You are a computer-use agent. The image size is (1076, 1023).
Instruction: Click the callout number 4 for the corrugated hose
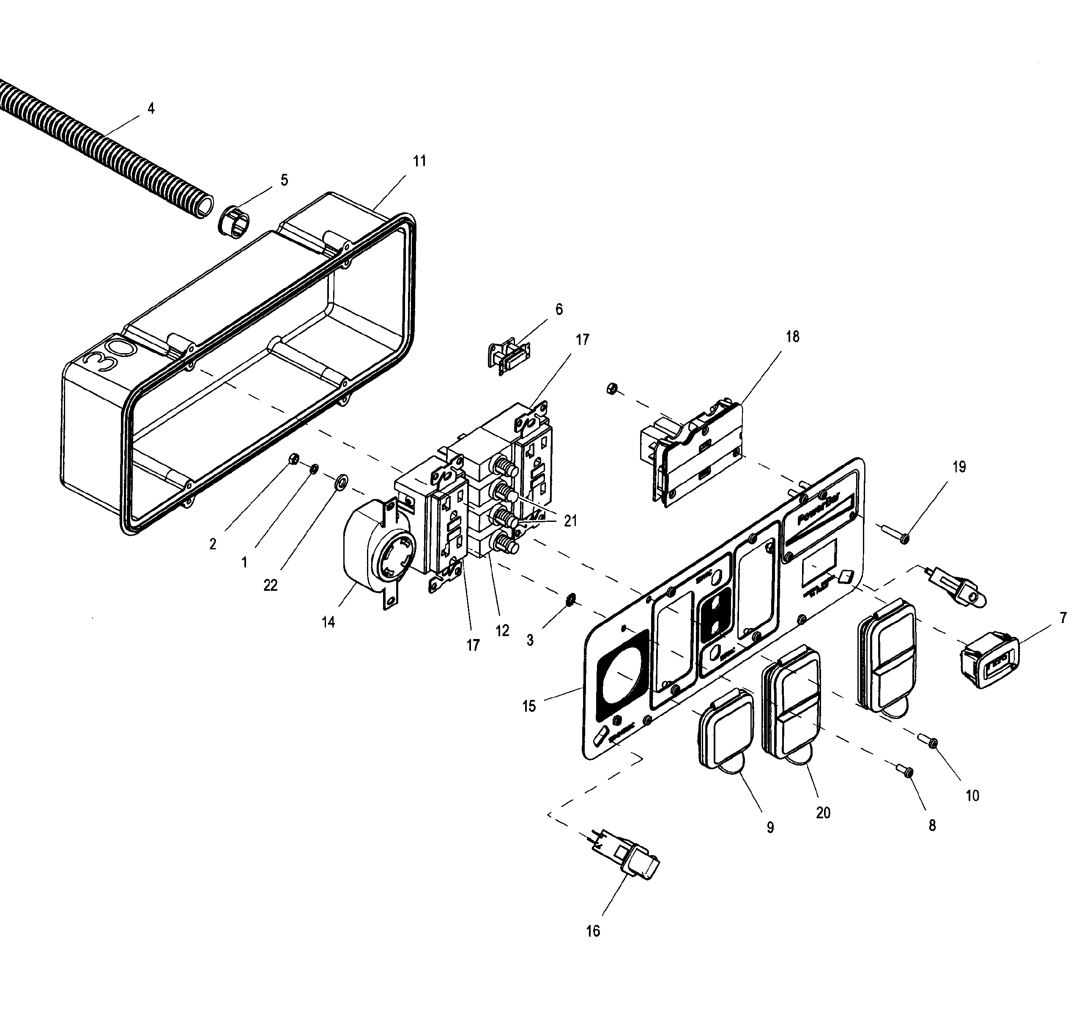click(151, 109)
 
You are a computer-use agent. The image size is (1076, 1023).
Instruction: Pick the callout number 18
click(793, 337)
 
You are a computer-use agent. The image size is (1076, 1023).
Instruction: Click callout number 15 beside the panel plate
click(529, 706)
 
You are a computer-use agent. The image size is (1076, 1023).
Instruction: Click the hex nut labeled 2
click(292, 459)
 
